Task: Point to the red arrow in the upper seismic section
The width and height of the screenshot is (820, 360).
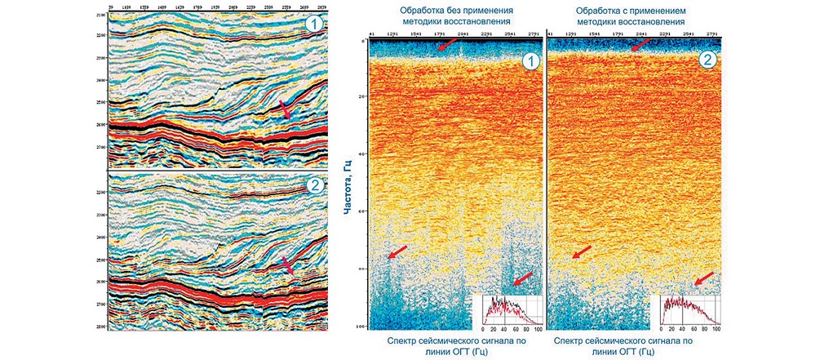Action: (283, 109)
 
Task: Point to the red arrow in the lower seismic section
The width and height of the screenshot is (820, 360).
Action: (285, 266)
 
